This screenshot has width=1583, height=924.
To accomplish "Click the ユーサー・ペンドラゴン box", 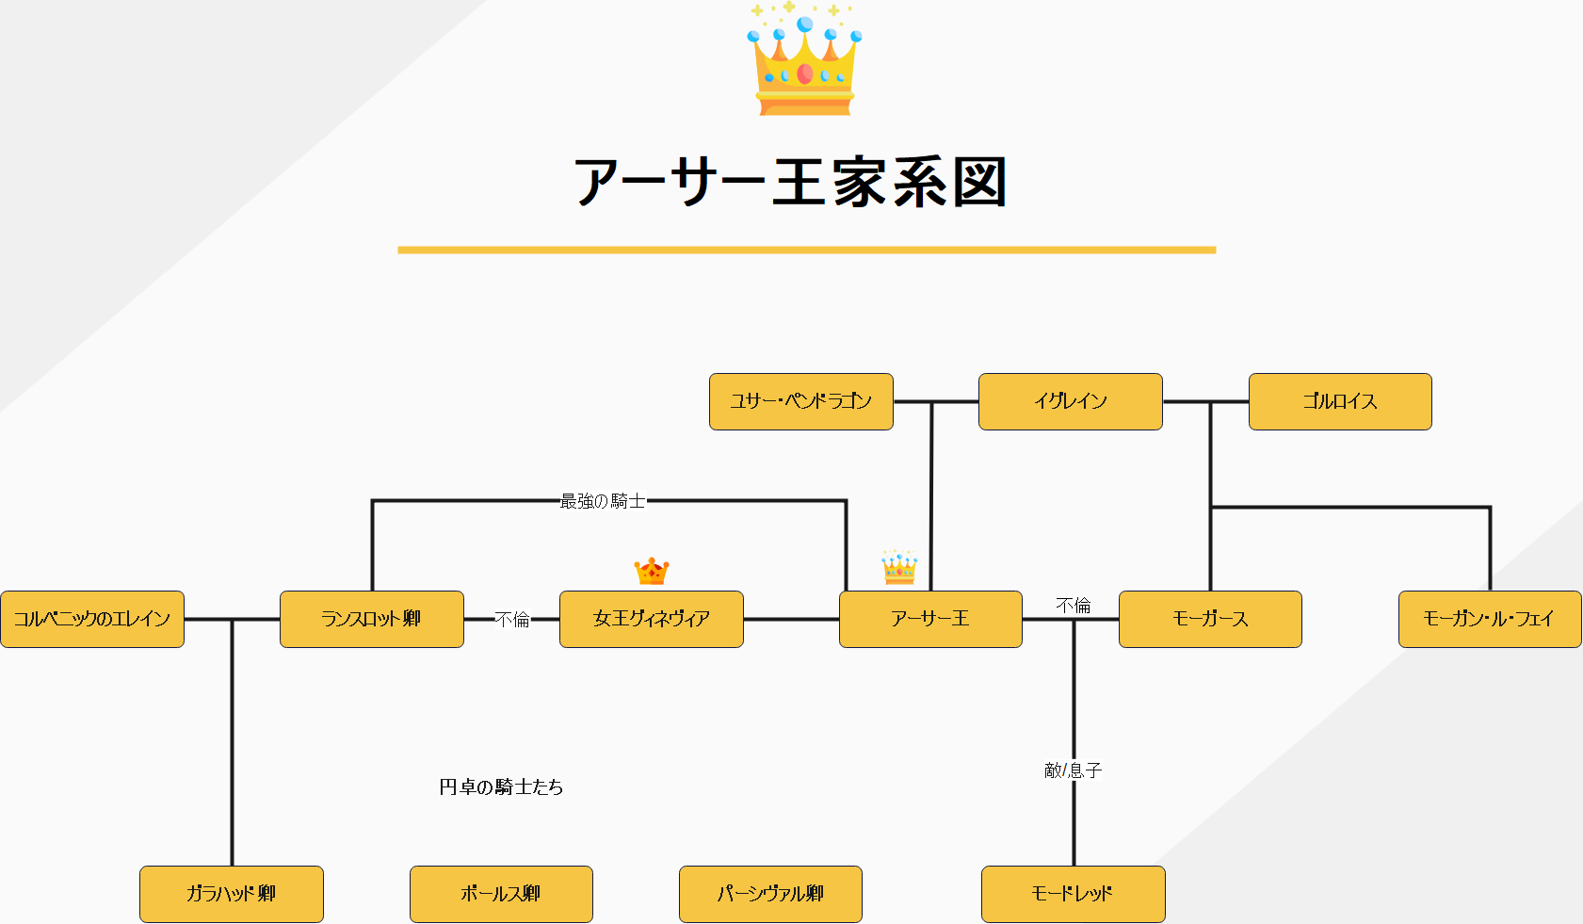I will tap(800, 401).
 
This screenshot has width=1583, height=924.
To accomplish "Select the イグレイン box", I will tap(1070, 401).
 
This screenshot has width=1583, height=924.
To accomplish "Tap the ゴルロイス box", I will tap(1339, 401).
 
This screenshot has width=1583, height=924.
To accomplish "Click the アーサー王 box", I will tap(930, 619).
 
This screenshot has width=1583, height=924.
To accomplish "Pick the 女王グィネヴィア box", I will tap(651, 619).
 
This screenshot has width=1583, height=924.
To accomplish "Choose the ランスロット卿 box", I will tap(371, 619).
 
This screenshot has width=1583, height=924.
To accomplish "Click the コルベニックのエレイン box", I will tap(92, 619).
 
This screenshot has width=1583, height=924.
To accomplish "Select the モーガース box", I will tap(1210, 619).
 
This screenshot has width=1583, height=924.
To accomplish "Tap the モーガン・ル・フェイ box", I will tap(1489, 619).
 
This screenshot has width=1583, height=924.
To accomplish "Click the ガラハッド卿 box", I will tap(231, 894).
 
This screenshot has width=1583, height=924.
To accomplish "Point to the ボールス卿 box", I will tap(501, 894).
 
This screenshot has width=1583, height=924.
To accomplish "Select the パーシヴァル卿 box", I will tap(770, 894).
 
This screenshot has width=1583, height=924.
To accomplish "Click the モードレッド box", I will tap(1073, 894).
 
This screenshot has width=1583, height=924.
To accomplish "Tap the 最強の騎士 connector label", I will tap(603, 501).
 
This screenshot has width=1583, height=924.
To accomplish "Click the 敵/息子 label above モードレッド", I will tap(1073, 770).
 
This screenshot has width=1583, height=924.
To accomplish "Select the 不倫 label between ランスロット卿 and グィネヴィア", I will tap(512, 619).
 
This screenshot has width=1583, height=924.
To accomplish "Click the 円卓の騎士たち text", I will tap(501, 786).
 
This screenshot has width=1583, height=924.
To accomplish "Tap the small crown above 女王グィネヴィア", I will tap(651, 571).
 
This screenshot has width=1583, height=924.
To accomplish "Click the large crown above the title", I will tap(804, 61).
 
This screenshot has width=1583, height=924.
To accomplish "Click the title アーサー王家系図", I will tap(791, 182).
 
